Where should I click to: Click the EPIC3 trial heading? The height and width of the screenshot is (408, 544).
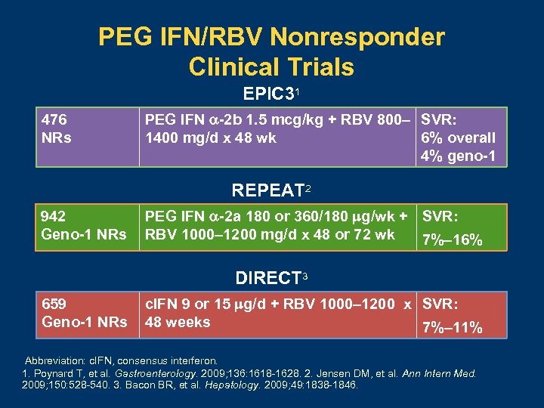click(268, 94)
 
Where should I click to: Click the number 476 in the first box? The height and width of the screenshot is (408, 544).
click(54, 119)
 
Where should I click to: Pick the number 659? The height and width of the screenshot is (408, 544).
click(54, 304)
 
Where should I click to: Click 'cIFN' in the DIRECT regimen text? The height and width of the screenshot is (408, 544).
click(160, 304)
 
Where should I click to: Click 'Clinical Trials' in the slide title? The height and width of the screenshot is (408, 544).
click(271, 66)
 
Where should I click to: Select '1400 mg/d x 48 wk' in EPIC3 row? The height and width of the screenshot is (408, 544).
click(210, 138)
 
